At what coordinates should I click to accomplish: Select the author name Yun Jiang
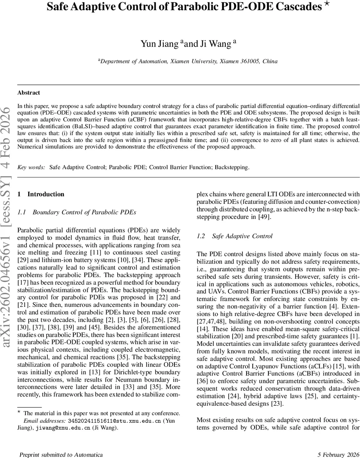coord(160,44)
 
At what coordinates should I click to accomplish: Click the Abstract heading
coord(29,92)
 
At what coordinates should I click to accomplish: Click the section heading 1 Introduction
coord(41,194)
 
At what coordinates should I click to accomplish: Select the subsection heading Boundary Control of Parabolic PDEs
coord(84,212)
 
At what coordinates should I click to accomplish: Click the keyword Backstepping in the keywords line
coord(234,168)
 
